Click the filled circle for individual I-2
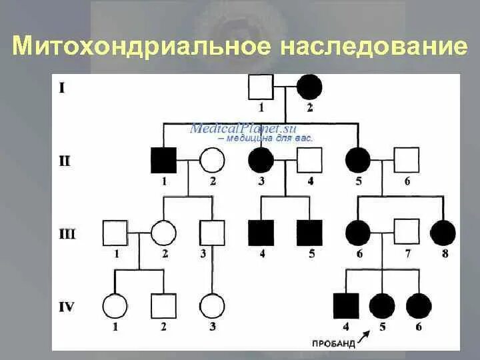309,87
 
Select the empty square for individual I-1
261,87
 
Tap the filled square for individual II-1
163,160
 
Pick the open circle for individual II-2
211,160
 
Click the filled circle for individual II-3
261,160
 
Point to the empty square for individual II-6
406,160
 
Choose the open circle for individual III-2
163,233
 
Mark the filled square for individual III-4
261,233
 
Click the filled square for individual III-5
309,233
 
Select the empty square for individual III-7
406,233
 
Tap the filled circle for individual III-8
443,233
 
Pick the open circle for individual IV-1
115,306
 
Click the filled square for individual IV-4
345,306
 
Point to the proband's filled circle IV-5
382,306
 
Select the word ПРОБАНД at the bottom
331,343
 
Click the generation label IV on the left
67,307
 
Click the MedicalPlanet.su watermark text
243,129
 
